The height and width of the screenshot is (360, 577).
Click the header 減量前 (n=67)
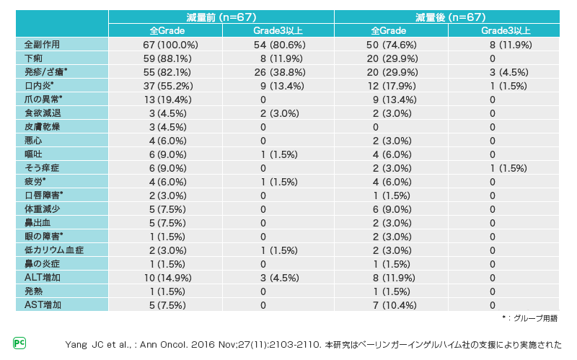[x=221, y=17]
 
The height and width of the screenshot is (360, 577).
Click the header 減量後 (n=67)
[x=449, y=17]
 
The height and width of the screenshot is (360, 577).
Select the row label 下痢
[x=34, y=58]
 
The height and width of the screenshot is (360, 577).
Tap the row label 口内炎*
[x=40, y=85]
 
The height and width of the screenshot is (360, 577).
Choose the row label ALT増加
[x=43, y=277]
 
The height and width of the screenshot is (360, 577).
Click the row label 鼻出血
[x=38, y=222]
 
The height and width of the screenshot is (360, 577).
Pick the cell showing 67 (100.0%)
[x=167, y=44]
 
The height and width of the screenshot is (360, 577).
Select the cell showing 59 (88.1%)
[x=165, y=58]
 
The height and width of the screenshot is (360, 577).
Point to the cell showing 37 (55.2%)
[x=165, y=85]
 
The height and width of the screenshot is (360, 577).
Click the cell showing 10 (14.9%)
[x=165, y=277]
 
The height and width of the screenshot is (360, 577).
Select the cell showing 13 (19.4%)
[x=165, y=99]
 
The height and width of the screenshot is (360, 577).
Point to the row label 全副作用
[x=43, y=44]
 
